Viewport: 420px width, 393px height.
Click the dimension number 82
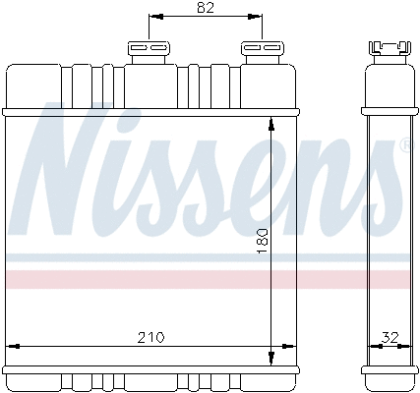click(x=205, y=9)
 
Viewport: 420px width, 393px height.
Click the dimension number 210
click(x=150, y=337)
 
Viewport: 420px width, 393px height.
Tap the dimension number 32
click(x=390, y=337)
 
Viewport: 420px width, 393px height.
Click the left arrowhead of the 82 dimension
click(x=153, y=18)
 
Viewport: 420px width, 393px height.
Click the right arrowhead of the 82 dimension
click(x=257, y=18)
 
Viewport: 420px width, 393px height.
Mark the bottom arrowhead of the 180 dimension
click(x=270, y=358)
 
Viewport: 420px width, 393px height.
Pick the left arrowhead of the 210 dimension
click(x=13, y=345)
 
